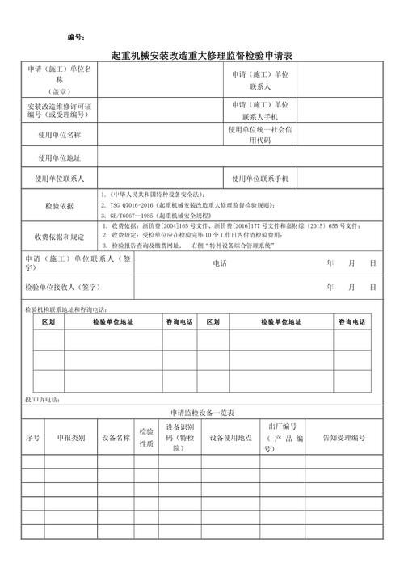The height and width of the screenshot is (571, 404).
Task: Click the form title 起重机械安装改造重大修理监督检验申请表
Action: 201,55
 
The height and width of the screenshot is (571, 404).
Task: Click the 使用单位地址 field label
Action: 59,157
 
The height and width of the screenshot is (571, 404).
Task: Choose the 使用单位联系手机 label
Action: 265,178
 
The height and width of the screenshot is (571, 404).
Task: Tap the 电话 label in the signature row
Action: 219,263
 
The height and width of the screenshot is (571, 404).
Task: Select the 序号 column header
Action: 32,438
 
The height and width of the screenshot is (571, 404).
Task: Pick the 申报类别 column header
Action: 71,438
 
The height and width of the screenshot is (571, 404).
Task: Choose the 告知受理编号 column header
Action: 344,438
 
